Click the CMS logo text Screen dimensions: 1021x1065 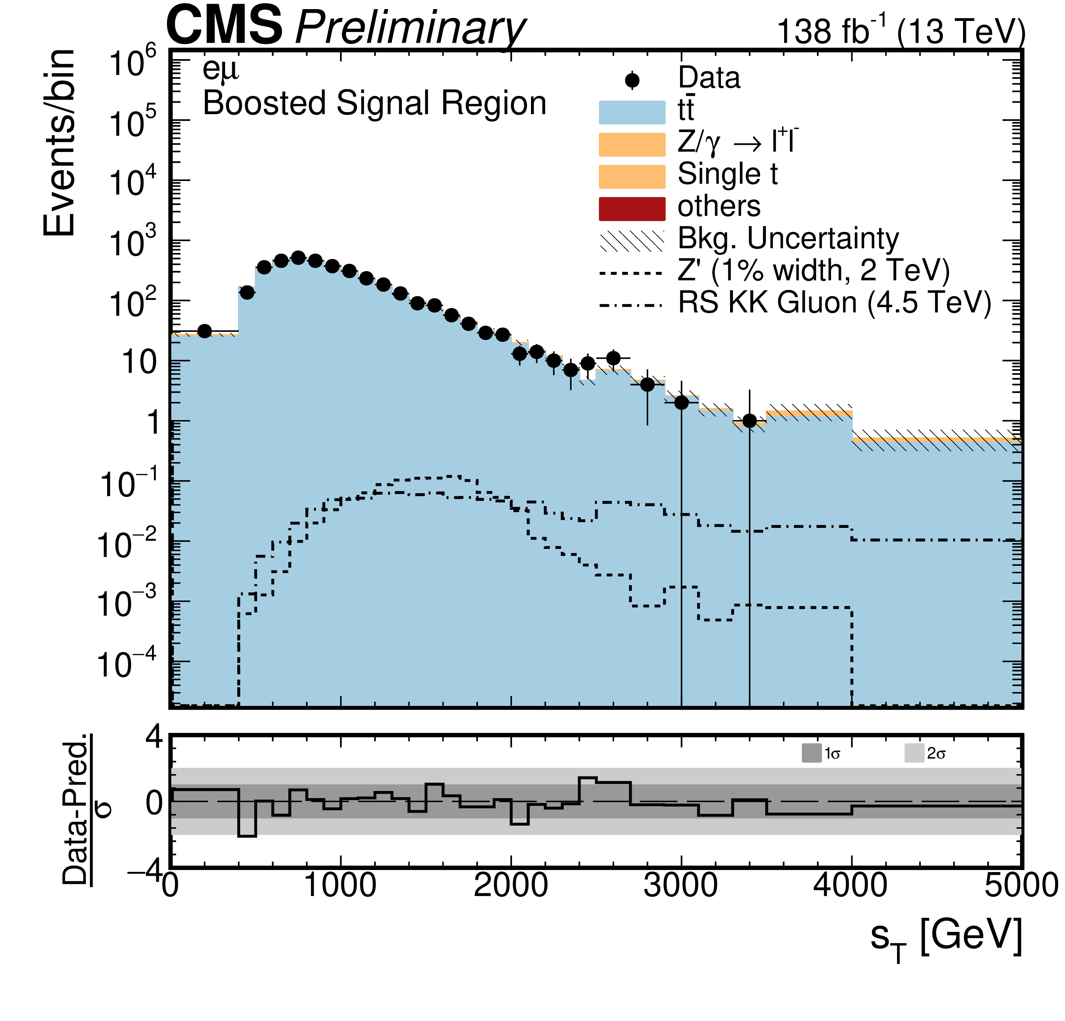(x=224, y=26)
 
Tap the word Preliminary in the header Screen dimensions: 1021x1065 (x=410, y=28)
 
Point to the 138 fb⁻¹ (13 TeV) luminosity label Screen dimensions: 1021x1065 (x=901, y=31)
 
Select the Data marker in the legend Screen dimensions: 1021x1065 (x=632, y=80)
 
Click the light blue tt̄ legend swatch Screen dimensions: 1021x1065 (x=632, y=112)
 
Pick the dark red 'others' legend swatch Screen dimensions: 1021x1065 (x=632, y=209)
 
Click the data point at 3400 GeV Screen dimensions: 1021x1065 (x=749, y=421)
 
